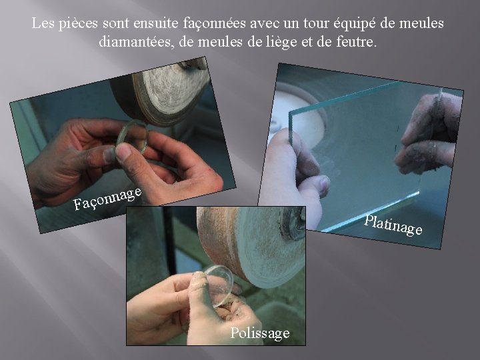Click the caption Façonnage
click(107, 199)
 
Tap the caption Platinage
click(393, 225)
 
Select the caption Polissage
click(260, 333)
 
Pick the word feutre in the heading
click(356, 41)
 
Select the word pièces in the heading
click(78, 24)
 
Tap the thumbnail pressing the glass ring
click(124, 151)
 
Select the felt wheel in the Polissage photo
click(251, 245)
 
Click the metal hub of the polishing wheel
click(295, 223)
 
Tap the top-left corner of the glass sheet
click(290, 113)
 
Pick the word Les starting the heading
click(43, 23)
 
